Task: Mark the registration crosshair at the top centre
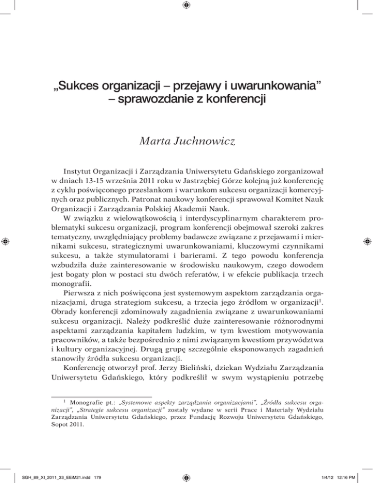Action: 186,6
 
